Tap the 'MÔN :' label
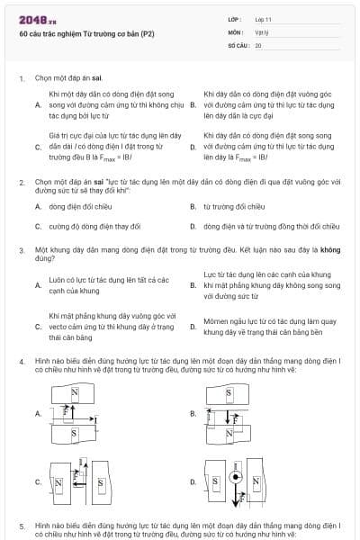pos(235,31)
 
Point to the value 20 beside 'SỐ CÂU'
pos(258,44)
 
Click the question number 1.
pos(21,78)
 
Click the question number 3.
pos(21,246)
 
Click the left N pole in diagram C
pos(58,483)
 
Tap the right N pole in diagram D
pos(254,483)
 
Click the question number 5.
pos(21,525)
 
